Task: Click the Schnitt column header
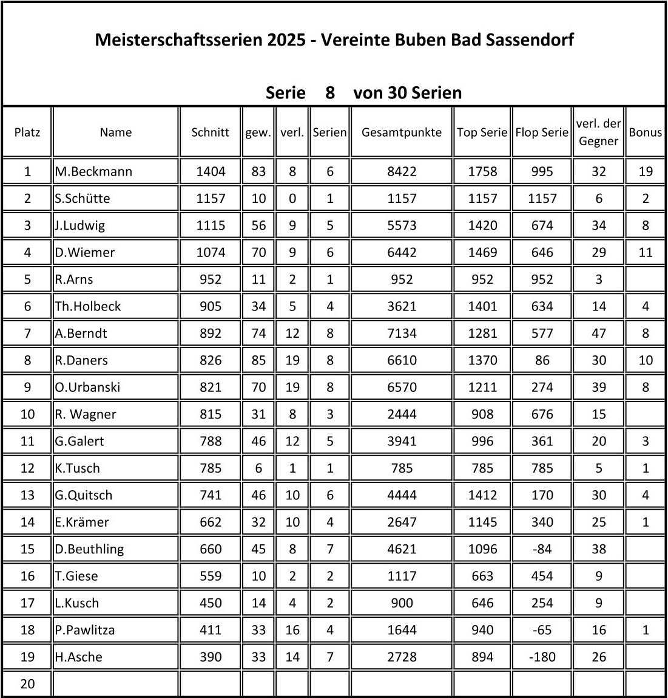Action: coord(210,132)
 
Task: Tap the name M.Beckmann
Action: coord(93,171)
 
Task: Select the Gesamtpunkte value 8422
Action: coord(402,171)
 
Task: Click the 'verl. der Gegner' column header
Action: coord(598,132)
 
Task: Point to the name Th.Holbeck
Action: coord(88,306)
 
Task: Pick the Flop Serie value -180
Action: coord(542,657)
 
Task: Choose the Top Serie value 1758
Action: coord(482,171)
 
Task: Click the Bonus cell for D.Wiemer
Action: coord(645,252)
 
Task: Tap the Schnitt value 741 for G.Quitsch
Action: coord(210,495)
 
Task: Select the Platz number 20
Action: coord(27,684)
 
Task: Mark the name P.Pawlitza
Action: coord(85,630)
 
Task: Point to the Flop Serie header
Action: coord(542,132)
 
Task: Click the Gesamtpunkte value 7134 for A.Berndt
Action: coord(402,333)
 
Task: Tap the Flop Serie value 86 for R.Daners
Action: coord(542,360)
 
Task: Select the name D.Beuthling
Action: coord(89,549)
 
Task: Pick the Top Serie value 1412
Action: coord(482,495)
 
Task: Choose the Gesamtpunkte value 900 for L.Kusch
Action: coord(402,603)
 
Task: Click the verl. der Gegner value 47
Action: coord(598,333)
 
